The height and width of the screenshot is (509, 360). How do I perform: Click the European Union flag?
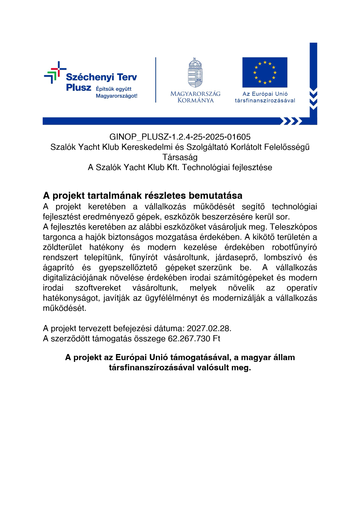(x=265, y=72)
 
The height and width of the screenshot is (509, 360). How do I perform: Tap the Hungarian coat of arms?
(x=195, y=73)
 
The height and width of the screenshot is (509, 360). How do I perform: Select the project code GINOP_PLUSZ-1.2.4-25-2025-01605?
(x=180, y=137)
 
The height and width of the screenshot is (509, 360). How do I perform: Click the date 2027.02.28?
(x=209, y=328)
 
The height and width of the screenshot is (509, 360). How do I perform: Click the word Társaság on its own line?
(x=180, y=157)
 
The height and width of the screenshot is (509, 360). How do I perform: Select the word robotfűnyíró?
(x=294, y=247)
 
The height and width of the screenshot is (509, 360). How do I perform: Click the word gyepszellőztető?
(x=128, y=268)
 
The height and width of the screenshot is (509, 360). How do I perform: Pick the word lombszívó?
(x=283, y=257)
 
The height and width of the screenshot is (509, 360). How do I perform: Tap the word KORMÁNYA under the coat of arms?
(x=195, y=100)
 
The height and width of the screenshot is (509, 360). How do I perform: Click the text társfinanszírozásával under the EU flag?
(x=265, y=101)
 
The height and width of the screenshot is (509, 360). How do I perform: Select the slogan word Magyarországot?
(x=116, y=96)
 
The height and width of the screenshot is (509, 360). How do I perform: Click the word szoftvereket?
(x=98, y=288)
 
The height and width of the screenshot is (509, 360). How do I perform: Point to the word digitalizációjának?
(x=75, y=278)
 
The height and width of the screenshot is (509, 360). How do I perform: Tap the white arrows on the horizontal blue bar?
(x=290, y=121)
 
